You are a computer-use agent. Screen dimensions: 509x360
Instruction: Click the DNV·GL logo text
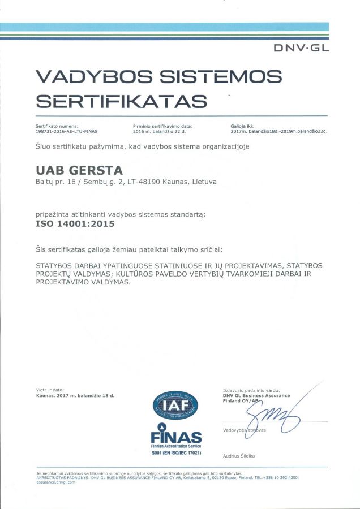[x=301, y=49]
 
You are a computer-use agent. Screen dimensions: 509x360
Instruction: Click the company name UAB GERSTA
[x=79, y=170]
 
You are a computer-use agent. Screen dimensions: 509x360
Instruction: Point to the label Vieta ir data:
[x=50, y=390]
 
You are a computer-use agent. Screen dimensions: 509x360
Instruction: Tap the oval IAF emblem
[x=176, y=406]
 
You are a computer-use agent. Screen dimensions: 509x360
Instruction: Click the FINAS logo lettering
[x=176, y=437]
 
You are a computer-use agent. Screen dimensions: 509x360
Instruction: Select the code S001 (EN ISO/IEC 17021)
[x=176, y=454]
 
